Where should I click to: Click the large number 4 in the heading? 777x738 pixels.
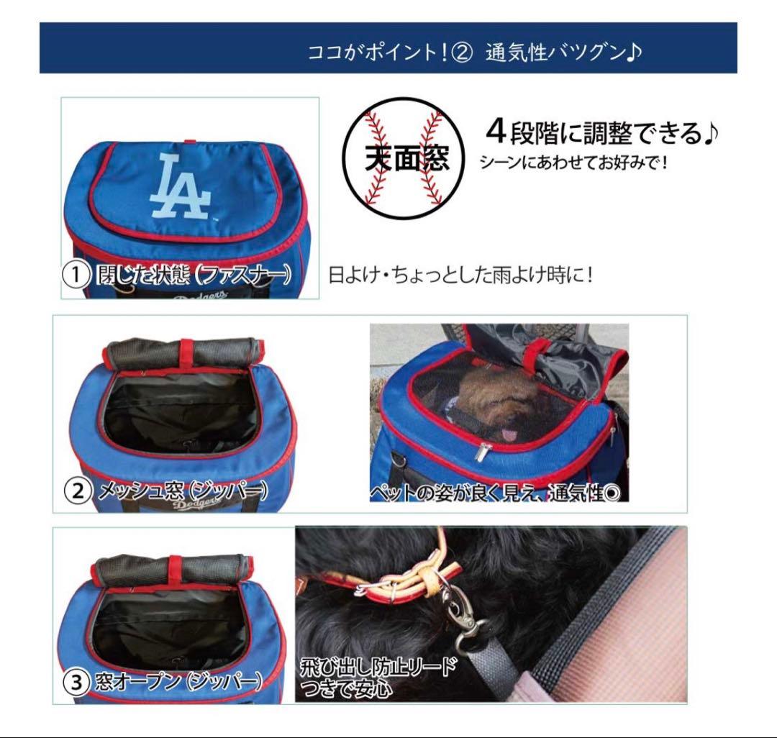pos(497,132)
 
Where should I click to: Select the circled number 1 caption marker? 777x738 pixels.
pos(75,275)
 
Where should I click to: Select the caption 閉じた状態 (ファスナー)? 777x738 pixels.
pos(191,275)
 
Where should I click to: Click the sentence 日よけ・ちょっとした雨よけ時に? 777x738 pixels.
pos(460,275)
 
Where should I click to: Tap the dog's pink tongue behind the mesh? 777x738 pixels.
pos(509,434)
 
